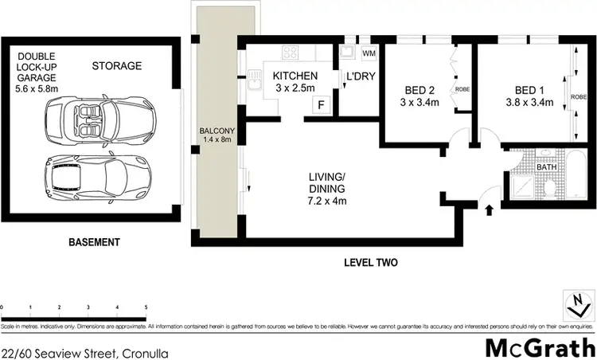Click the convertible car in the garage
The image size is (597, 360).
point(96,122)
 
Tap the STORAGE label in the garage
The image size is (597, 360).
point(116,65)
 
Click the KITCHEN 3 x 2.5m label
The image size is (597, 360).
point(295,81)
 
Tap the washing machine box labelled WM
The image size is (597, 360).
point(369,53)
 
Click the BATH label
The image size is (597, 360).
point(545,167)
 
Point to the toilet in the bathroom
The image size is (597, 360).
point(549,188)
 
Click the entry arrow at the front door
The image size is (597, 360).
point(489,210)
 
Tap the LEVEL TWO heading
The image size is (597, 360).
point(370,262)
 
